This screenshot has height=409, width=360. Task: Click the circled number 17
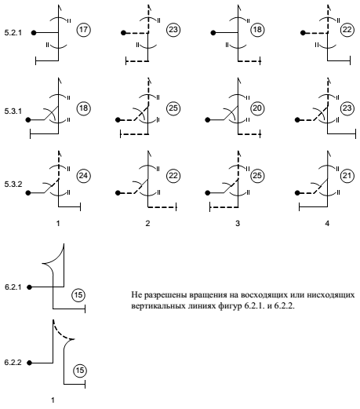tap(83, 30)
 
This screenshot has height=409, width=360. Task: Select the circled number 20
tap(257, 108)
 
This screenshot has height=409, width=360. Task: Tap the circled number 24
tap(83, 176)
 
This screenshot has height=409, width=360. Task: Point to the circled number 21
tap(347, 176)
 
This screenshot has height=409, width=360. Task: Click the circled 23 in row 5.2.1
tap(173, 30)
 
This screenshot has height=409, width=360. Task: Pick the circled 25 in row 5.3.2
tap(257, 176)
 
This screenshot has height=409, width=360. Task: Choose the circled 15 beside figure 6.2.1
tap(78, 295)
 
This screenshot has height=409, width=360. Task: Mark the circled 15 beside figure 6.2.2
tap(80, 371)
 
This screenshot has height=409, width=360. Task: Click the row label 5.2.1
tap(13, 33)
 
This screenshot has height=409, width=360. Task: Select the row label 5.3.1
tap(13, 111)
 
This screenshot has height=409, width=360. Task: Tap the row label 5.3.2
tap(13, 184)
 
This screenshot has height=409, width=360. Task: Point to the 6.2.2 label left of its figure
tap(13, 363)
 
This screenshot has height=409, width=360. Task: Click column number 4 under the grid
tap(327, 224)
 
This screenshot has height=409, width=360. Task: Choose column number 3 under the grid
tap(238, 224)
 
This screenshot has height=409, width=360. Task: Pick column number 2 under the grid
tap(147, 224)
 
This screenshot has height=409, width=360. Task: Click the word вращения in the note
tap(204, 295)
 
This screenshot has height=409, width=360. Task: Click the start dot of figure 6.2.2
tap(29, 363)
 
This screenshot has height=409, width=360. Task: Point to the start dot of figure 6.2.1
tap(29, 287)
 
